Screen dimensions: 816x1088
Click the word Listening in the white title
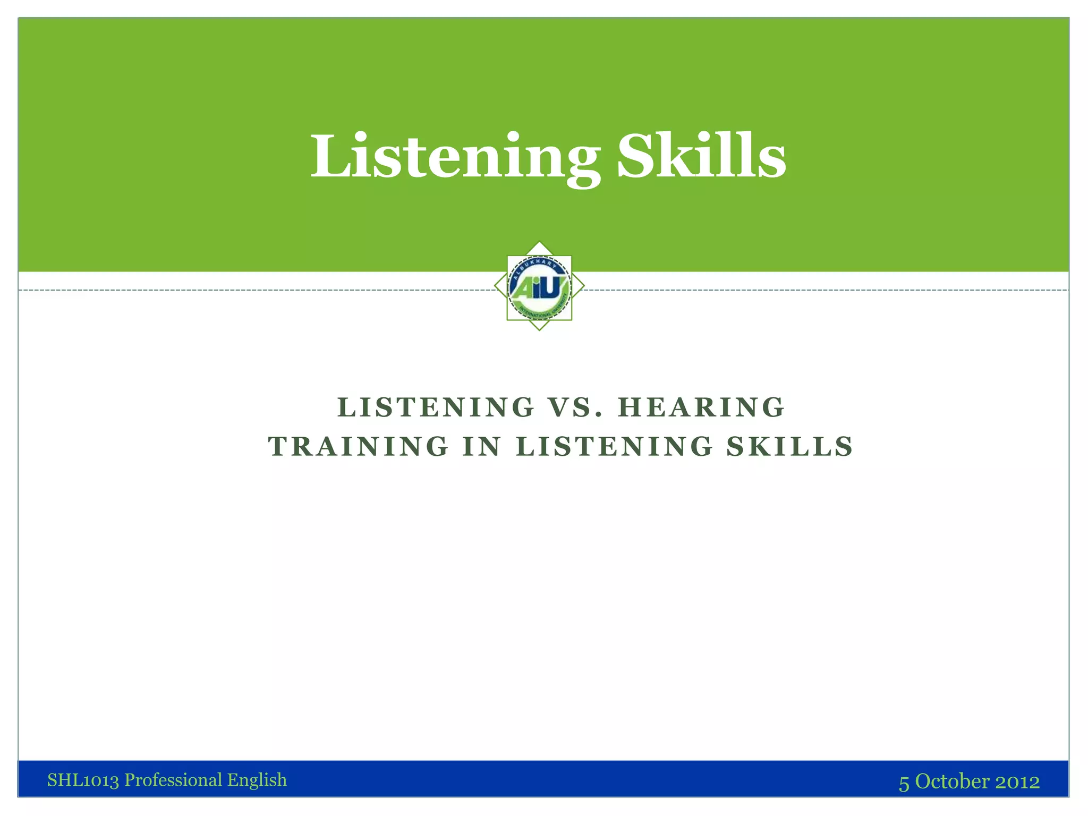455,157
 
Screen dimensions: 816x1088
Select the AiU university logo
539,287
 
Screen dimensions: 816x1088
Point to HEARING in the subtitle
701,407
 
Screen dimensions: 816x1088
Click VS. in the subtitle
576,407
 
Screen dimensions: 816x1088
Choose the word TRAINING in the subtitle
359,446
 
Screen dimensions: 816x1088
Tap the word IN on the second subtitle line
482,446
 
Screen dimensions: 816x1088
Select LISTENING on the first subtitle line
436,407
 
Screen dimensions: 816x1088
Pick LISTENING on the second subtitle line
615,446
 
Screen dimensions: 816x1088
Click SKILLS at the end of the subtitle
790,446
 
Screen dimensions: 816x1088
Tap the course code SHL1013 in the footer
83,780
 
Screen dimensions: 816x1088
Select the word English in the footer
257,780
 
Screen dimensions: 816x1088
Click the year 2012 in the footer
1017,781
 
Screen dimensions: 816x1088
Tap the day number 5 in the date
904,783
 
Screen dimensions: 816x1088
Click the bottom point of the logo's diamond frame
539,330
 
